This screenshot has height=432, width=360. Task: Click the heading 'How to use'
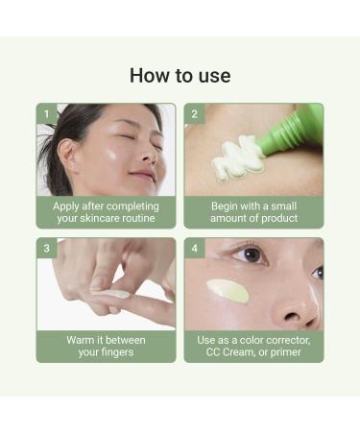pyautogui.click(x=180, y=76)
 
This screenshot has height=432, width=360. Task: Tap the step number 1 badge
pyautogui.click(x=45, y=113)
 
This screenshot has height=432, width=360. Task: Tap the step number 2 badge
pyautogui.click(x=194, y=113)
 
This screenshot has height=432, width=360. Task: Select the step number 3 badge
pyautogui.click(x=45, y=248)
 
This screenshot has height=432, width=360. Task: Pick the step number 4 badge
pyautogui.click(x=194, y=248)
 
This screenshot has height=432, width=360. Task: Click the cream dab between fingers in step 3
pyautogui.click(x=115, y=295)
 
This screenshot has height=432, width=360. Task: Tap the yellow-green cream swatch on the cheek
pyautogui.click(x=228, y=291)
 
